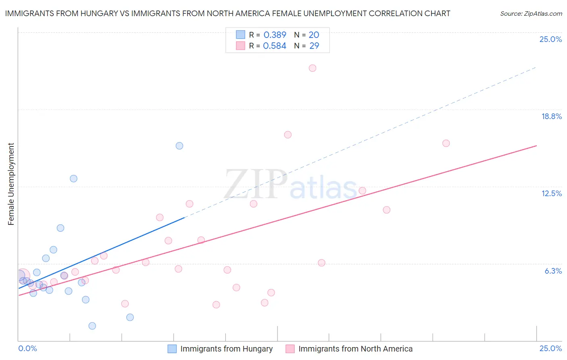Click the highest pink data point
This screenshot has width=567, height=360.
click(313, 68)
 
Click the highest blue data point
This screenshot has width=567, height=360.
click(179, 146)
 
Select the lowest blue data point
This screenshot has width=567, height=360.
click(92, 326)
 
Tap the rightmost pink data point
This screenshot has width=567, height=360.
click(446, 143)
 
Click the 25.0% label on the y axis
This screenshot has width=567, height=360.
click(550, 39)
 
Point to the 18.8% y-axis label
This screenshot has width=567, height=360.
click(551, 116)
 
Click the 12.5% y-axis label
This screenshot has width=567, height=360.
click(551, 193)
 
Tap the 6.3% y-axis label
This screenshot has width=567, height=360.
click(553, 271)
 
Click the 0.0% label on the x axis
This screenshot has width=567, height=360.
click(28, 348)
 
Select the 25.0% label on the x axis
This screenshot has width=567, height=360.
click(550, 348)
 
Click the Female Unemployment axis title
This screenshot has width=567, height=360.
click(11, 184)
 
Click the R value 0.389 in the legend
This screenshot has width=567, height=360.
click(275, 35)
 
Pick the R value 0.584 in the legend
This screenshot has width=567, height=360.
click(275, 46)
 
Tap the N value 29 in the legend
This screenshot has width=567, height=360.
click(314, 46)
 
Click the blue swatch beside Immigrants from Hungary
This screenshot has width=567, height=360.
click(172, 349)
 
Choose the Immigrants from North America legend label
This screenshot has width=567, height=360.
click(355, 349)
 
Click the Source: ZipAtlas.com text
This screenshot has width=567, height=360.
click(531, 14)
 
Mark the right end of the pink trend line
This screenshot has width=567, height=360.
click(536, 145)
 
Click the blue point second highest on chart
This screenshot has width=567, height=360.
click(73, 178)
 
